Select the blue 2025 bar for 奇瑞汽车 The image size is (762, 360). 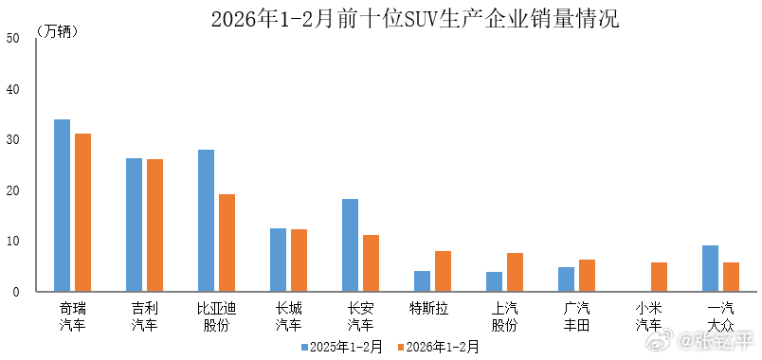[62, 206]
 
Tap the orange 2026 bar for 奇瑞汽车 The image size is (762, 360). [83, 212]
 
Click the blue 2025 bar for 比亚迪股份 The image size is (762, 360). [206, 221]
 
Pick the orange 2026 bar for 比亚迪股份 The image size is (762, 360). [227, 243]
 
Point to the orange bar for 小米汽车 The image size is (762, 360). [659, 277]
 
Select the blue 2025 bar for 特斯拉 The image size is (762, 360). [422, 281]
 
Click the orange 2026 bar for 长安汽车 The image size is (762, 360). [372, 262]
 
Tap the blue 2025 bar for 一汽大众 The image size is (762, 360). [710, 268]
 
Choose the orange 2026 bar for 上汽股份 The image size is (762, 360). [515, 272]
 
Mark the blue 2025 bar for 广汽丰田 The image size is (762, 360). [566, 279]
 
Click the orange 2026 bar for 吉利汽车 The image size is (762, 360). [155, 225]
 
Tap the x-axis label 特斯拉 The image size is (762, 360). [428, 309]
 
